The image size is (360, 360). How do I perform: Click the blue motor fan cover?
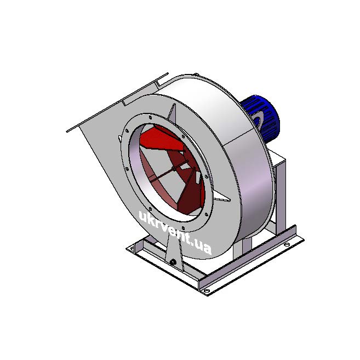[262, 118]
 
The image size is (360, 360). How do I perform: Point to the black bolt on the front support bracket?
[173, 262]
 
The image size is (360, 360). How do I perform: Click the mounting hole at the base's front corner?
[207, 291]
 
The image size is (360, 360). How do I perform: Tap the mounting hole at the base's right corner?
[287, 245]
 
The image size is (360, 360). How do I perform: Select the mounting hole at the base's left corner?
[133, 248]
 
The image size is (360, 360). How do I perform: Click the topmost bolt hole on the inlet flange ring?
[150, 118]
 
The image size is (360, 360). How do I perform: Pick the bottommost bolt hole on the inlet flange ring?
[183, 228]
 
